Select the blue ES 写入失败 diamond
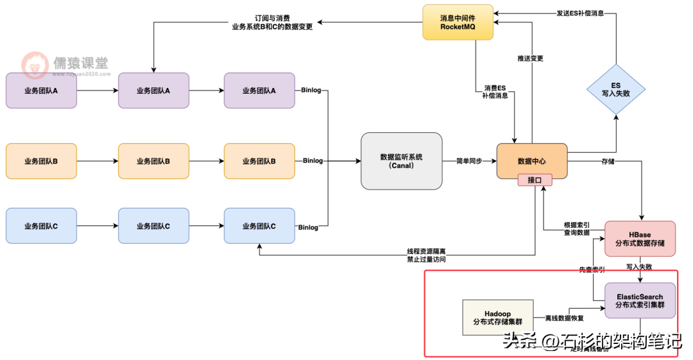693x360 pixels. click(x=615, y=89)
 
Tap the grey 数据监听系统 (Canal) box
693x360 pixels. click(x=402, y=161)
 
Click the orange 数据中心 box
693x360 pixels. click(x=532, y=160)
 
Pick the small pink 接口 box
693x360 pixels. click(x=535, y=180)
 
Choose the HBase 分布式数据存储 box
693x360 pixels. click(x=640, y=239)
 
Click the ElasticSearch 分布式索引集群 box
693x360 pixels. click(x=640, y=300)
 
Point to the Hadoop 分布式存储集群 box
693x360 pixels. click(x=497, y=317)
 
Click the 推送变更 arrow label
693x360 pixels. click(x=530, y=58)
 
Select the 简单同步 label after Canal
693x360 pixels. click(x=468, y=161)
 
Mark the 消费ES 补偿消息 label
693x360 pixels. click(x=495, y=91)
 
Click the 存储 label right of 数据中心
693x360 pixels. click(x=608, y=161)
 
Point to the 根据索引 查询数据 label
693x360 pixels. click(x=577, y=229)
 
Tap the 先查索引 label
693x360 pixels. click(x=592, y=270)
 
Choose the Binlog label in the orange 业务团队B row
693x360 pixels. click(x=313, y=161)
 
